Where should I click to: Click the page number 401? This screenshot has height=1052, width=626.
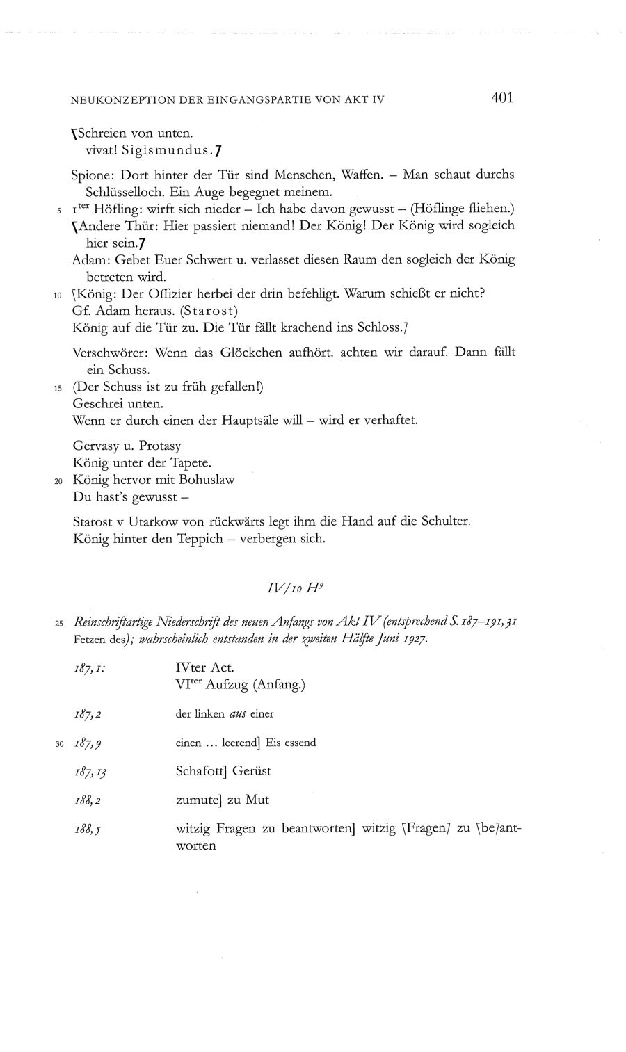pos(501,98)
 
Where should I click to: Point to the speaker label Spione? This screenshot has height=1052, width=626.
pos(90,175)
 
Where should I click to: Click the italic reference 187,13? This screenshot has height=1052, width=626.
pos(92,771)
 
